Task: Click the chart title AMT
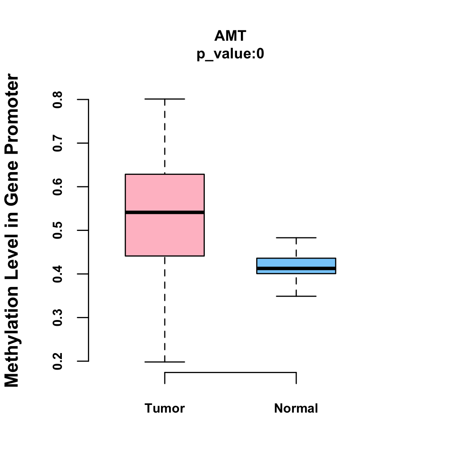[x=230, y=36]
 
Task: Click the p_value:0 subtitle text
[x=230, y=54]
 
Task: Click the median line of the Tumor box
[x=165, y=212]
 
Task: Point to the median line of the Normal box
[x=296, y=268]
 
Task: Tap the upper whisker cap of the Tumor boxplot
[x=165, y=99]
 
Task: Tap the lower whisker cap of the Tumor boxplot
[x=165, y=362]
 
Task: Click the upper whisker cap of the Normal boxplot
[x=296, y=238]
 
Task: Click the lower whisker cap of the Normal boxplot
[x=296, y=296]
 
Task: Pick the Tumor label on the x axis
[x=165, y=408]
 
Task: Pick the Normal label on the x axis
[x=296, y=408]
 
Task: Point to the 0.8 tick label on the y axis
[x=58, y=99]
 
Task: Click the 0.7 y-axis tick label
[x=58, y=143]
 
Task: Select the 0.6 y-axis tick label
[x=58, y=187]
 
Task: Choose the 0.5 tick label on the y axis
[x=58, y=230]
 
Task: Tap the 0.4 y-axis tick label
[x=58, y=274]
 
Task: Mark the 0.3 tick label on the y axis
[x=58, y=318]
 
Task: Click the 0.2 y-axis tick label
[x=58, y=361]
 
